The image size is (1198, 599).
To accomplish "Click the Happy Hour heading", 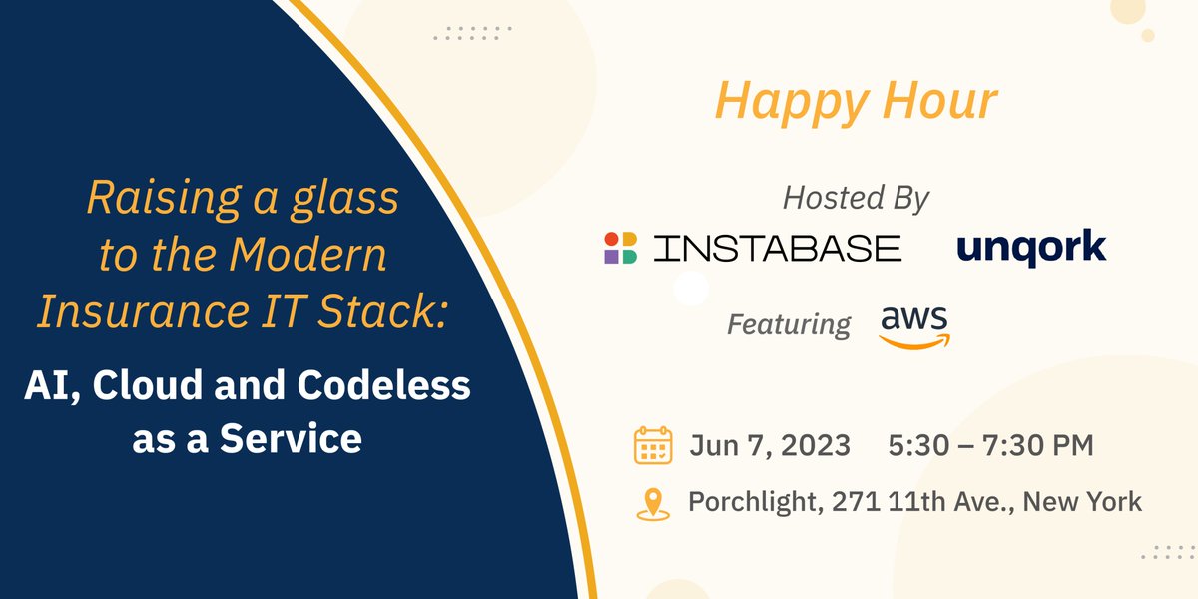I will point(856,102).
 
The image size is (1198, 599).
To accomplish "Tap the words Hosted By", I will point(856,198).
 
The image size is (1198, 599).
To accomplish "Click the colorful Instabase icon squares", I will point(620,248).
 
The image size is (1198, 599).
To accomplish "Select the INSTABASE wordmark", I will point(777,248).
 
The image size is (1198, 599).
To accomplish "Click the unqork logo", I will point(1030,247).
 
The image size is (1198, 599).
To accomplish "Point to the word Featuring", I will point(789,324).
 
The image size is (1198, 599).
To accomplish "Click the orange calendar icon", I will point(653,445).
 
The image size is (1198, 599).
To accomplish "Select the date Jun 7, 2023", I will point(769,445).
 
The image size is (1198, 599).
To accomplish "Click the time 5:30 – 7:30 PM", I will point(990,445).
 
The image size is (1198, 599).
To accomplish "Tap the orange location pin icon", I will point(653,502).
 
